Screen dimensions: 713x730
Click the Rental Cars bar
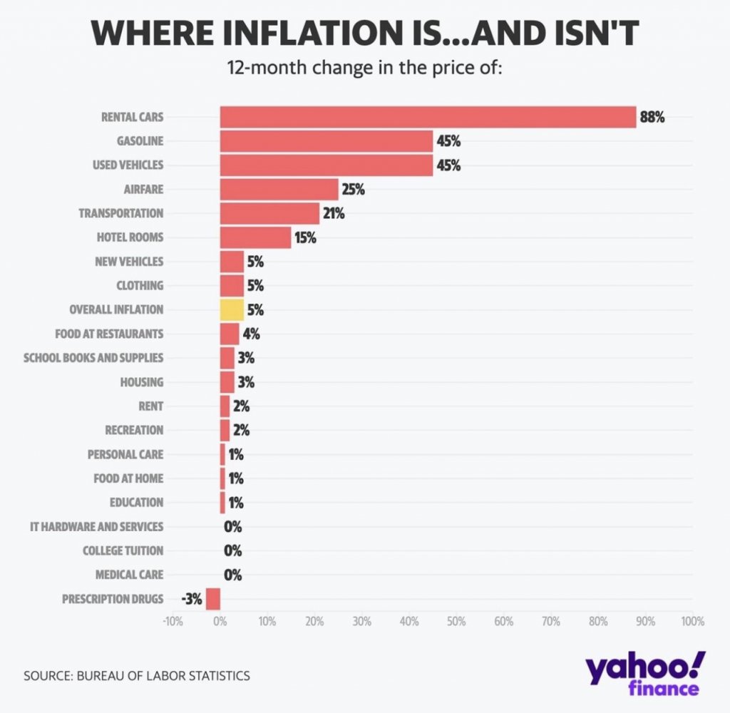428,117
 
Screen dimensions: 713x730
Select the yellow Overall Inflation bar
232,309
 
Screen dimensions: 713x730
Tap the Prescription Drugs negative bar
213,599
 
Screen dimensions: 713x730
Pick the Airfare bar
279,189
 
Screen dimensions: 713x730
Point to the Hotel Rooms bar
255,237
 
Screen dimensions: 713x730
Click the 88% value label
652,118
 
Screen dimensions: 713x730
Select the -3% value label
192,599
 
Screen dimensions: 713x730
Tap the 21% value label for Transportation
334,213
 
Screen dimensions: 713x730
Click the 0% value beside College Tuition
233,550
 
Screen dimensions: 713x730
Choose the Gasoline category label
140,141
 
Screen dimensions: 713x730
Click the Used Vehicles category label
128,165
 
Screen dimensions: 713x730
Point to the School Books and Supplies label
93,357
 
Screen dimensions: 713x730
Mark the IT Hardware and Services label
96,526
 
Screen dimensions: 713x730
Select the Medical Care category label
129,575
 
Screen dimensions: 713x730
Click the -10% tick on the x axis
173,621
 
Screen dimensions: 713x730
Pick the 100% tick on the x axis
692,621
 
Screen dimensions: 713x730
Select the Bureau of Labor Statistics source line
137,675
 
